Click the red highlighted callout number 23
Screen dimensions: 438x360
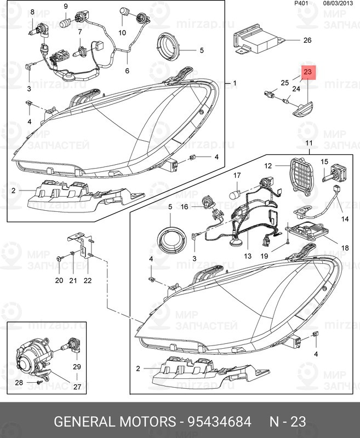tap(307, 72)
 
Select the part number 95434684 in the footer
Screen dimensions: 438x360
tap(219, 422)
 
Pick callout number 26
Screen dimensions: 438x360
tap(307, 41)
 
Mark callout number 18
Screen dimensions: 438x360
tap(345, 248)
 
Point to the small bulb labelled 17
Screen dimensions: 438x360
tap(238, 192)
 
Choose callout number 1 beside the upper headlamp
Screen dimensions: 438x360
tap(235, 83)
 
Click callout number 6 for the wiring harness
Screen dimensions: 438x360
tap(127, 71)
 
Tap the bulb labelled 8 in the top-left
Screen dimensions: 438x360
tap(35, 29)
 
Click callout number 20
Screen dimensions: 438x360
tap(59, 280)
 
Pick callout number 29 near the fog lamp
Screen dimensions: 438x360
tap(77, 366)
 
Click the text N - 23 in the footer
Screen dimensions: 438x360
tap(287, 422)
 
